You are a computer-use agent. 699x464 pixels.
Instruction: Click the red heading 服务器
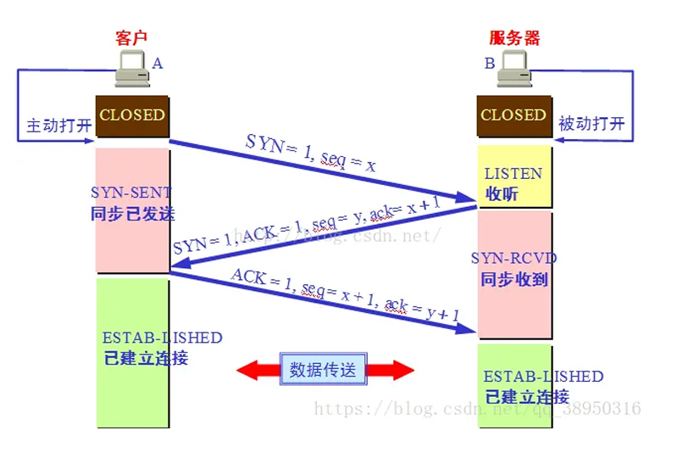(514, 38)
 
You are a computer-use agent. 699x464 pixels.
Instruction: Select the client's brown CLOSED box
(132, 115)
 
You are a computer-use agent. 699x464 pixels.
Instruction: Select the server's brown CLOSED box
(513, 115)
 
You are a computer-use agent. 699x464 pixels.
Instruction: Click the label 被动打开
(591, 125)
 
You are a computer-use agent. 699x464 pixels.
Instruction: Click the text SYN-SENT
(130, 193)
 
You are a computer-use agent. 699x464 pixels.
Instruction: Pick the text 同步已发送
(132, 214)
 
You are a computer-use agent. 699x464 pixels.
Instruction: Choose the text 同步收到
(514, 279)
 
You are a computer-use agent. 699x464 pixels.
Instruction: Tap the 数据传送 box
(323, 370)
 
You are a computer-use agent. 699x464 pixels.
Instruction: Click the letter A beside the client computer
(157, 63)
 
